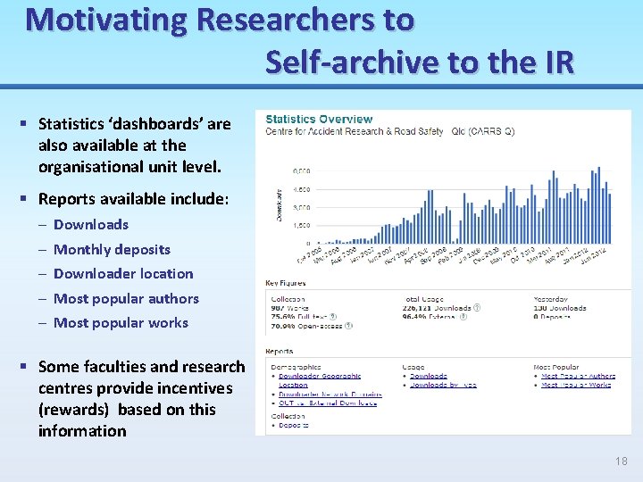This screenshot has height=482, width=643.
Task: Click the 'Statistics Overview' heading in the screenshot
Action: pos(319,119)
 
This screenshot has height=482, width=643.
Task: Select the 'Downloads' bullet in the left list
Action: pos(90,225)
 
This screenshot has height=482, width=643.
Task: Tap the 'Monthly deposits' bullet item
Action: pos(111,249)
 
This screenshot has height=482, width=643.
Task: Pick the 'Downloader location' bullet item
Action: pos(122,274)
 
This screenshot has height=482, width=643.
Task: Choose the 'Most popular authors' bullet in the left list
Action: pos(126,298)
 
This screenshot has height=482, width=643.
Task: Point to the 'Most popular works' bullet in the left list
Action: pos(121,323)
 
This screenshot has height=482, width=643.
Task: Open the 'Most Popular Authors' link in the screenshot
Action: pos(578,377)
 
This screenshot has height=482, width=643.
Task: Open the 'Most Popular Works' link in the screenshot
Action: pos(576,386)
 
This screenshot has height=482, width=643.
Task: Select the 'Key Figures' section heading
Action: pos(285,283)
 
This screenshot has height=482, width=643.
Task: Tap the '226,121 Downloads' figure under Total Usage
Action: pos(437,308)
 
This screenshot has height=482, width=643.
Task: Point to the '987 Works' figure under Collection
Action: pos(288,308)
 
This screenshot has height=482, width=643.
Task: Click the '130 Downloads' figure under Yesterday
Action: pos(560,308)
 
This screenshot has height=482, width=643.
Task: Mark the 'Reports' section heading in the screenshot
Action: pos(279,352)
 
